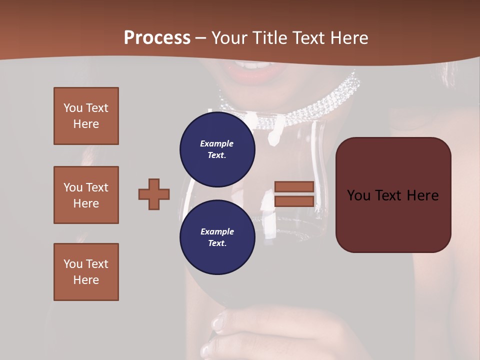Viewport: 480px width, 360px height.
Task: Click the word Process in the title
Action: tap(157, 38)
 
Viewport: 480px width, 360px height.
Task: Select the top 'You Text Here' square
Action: tap(86, 116)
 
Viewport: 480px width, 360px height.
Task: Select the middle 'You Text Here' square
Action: tap(86, 195)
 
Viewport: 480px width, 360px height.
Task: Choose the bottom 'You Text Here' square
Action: tap(86, 271)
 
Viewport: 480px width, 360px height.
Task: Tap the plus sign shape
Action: tap(154, 194)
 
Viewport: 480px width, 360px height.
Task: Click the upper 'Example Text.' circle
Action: tap(217, 149)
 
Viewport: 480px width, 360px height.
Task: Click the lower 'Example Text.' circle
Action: tap(217, 237)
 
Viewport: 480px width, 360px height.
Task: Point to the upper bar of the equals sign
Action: tap(294, 186)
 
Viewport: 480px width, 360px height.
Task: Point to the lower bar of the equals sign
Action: tap(294, 201)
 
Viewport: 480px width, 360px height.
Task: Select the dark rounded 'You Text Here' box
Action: tap(393, 195)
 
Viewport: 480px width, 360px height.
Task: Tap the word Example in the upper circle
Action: tap(217, 143)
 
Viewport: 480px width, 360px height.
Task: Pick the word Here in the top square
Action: tap(86, 124)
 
